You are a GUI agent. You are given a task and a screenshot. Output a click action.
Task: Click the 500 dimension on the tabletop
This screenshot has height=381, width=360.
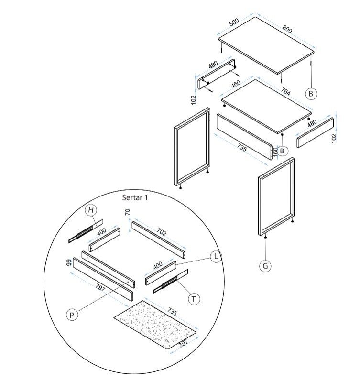point(234,22)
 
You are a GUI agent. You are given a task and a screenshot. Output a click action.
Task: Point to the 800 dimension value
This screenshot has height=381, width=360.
point(287,29)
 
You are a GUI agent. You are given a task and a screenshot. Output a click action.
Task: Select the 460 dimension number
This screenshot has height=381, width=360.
point(236,84)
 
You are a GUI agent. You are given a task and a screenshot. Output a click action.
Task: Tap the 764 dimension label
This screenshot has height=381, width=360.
point(285,91)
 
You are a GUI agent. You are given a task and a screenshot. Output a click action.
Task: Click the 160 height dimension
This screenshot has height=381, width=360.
point(275,152)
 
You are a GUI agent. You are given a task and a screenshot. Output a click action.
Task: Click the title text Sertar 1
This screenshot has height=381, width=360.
point(135,197)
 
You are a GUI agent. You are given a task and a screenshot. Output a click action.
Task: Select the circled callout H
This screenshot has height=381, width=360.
point(91,210)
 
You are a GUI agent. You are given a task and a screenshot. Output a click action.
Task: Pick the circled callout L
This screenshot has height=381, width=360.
point(216,256)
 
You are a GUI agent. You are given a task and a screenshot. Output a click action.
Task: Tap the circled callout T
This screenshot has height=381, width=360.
point(194,299)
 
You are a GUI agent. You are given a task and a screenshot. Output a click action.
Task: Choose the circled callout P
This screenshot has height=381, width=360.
point(72,315)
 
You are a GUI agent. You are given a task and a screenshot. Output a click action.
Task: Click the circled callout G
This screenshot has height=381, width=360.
point(265,266)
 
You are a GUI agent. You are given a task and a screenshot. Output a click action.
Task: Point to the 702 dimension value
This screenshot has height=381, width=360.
point(162,232)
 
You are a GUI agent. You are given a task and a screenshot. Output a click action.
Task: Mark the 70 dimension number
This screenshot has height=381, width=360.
point(127,212)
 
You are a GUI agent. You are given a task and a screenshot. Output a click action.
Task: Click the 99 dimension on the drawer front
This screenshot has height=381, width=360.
point(69,262)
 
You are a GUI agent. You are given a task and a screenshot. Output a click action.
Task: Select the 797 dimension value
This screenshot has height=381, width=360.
point(100,288)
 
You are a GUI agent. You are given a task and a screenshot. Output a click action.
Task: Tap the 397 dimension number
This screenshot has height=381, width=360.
point(183,343)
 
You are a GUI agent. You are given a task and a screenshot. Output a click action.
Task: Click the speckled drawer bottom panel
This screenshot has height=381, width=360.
point(155,325)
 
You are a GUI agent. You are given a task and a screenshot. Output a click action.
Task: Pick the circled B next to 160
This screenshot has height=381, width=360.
point(282,151)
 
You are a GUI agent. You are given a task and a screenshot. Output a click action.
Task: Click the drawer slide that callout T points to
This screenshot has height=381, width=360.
point(171,281)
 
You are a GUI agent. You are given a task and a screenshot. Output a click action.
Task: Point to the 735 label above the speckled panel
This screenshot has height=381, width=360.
point(172,312)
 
